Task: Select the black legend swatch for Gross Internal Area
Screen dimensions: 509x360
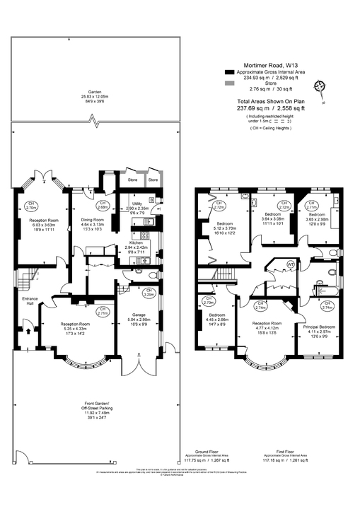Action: (228, 73)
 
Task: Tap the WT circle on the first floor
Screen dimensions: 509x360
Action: (290, 264)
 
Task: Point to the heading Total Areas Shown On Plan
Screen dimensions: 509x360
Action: (271, 103)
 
